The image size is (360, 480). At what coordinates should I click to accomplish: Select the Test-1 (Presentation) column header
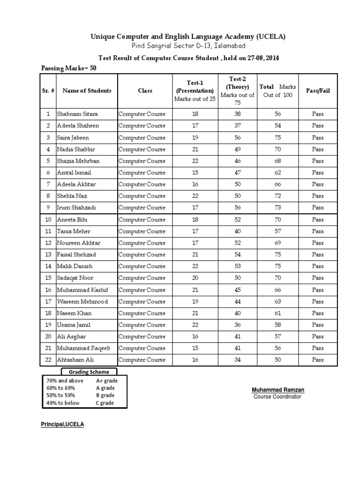[x=195, y=90]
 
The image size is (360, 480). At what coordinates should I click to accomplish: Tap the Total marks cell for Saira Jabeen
[x=278, y=137]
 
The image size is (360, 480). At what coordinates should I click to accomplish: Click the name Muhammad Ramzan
[x=278, y=390]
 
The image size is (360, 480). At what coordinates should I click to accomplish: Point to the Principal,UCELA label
[x=63, y=424]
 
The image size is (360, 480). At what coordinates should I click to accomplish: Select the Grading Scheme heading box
[x=86, y=372]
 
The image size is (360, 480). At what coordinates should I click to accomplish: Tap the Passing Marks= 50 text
[x=70, y=68]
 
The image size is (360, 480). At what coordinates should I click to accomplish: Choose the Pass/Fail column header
[x=317, y=90]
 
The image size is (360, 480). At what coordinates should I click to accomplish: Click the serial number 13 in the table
[x=48, y=255]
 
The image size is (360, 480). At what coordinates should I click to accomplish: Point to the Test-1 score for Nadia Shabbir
[x=195, y=149]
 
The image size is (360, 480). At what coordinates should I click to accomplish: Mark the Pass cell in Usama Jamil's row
[x=317, y=324]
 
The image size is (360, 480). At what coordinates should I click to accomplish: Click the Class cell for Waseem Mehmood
[x=142, y=301]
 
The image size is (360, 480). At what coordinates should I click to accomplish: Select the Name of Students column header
[x=87, y=90]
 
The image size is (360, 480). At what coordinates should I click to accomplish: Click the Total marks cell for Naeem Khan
[x=278, y=313]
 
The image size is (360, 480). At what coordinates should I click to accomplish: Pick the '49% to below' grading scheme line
[x=63, y=403]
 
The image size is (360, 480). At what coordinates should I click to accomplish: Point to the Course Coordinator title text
[x=277, y=397]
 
